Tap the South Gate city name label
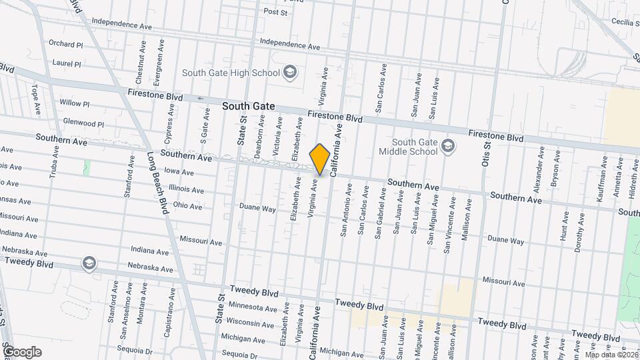click(x=248, y=106)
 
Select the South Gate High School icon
click(x=289, y=71)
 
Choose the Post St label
click(x=275, y=12)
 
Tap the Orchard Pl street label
click(x=65, y=44)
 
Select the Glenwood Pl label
click(x=83, y=123)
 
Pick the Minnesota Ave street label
click(x=252, y=307)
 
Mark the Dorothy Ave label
click(x=579, y=235)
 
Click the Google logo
click(x=22, y=352)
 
